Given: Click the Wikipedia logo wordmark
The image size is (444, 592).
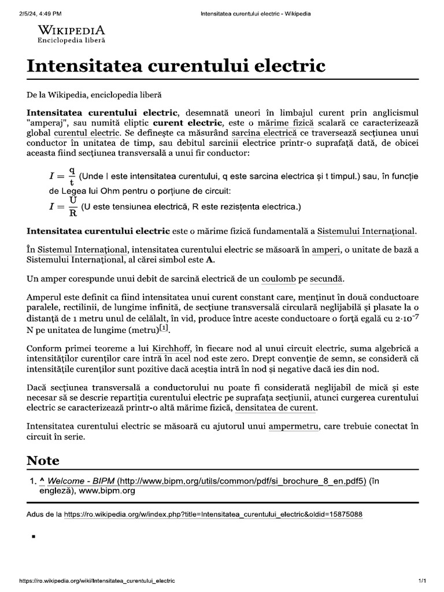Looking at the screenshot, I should [71, 30].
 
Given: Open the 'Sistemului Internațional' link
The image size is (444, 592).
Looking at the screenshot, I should [367, 231].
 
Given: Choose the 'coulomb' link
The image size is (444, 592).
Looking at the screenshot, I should [279, 279].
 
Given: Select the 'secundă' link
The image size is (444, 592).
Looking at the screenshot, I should [327, 279].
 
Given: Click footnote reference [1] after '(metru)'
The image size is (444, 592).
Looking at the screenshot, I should [164, 328].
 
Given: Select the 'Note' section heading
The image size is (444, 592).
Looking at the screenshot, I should [43, 460].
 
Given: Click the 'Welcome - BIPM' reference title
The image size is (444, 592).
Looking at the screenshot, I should [81, 481].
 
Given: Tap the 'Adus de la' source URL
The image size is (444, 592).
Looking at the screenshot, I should [213, 514].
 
